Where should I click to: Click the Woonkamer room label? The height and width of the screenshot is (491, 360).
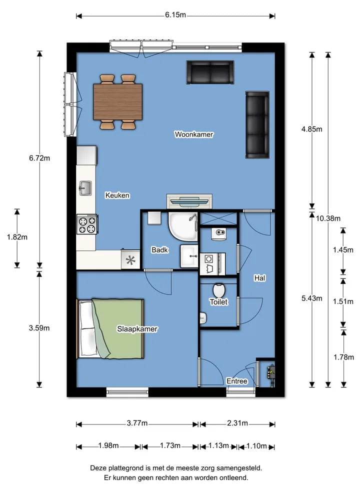point(194,134)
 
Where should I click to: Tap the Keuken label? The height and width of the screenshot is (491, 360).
point(117,195)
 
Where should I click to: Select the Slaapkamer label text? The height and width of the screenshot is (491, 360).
point(137,329)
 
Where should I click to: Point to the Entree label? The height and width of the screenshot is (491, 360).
point(236,381)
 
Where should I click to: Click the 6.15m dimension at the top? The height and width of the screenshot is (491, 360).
point(175,14)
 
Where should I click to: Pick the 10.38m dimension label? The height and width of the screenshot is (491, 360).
point(328,218)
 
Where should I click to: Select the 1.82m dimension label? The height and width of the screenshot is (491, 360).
point(17,237)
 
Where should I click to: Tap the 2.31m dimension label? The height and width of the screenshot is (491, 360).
point(237,423)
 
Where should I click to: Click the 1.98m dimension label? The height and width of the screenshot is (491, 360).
point(108,445)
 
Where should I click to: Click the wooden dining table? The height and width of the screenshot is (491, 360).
point(117,102)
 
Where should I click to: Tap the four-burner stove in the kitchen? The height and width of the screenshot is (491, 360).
point(87,224)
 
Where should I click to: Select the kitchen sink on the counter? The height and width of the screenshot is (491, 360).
point(85,188)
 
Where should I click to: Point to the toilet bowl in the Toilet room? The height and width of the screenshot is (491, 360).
point(218,290)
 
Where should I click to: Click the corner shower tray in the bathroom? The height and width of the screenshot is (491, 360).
point(183,226)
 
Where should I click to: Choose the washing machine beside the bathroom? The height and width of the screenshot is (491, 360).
point(212,263)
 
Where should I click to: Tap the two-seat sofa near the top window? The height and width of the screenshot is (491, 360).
point(210,72)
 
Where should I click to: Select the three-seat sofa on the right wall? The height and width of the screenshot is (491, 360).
point(257,124)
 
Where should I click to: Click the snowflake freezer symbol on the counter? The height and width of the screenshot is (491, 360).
point(130,260)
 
